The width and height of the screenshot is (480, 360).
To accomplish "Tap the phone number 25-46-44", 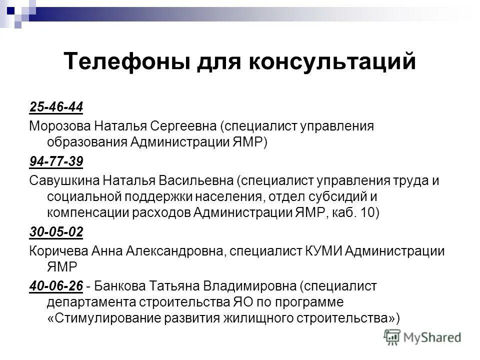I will tap(56, 107).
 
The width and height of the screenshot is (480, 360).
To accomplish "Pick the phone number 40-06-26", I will tap(56, 286).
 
